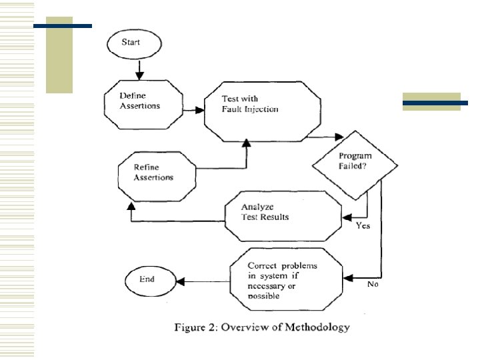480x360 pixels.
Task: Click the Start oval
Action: [x=133, y=43]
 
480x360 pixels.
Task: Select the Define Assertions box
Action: [x=141, y=101]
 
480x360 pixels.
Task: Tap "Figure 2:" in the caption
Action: [x=196, y=327]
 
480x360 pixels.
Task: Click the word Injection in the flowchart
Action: [x=260, y=109]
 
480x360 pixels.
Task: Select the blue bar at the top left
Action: [x=63, y=26]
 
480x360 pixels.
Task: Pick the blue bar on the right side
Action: [x=435, y=103]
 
